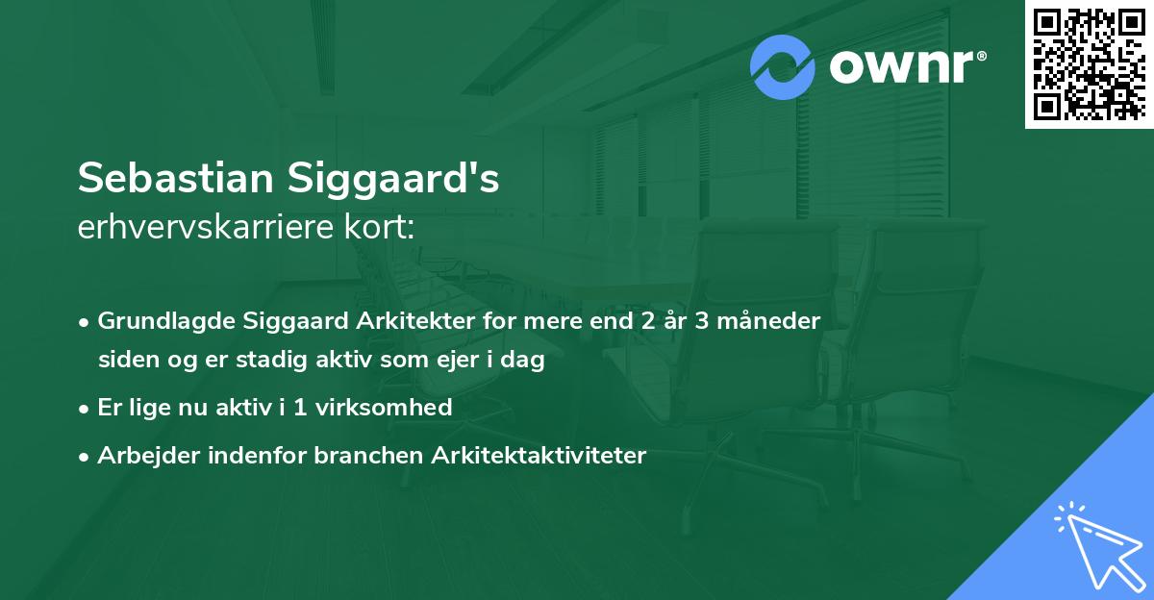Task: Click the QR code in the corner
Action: pos(1090,63)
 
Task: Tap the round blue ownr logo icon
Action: pos(783,66)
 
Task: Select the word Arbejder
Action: pos(144,456)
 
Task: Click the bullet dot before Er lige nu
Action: pos(85,408)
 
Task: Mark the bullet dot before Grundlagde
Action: pos(85,321)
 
